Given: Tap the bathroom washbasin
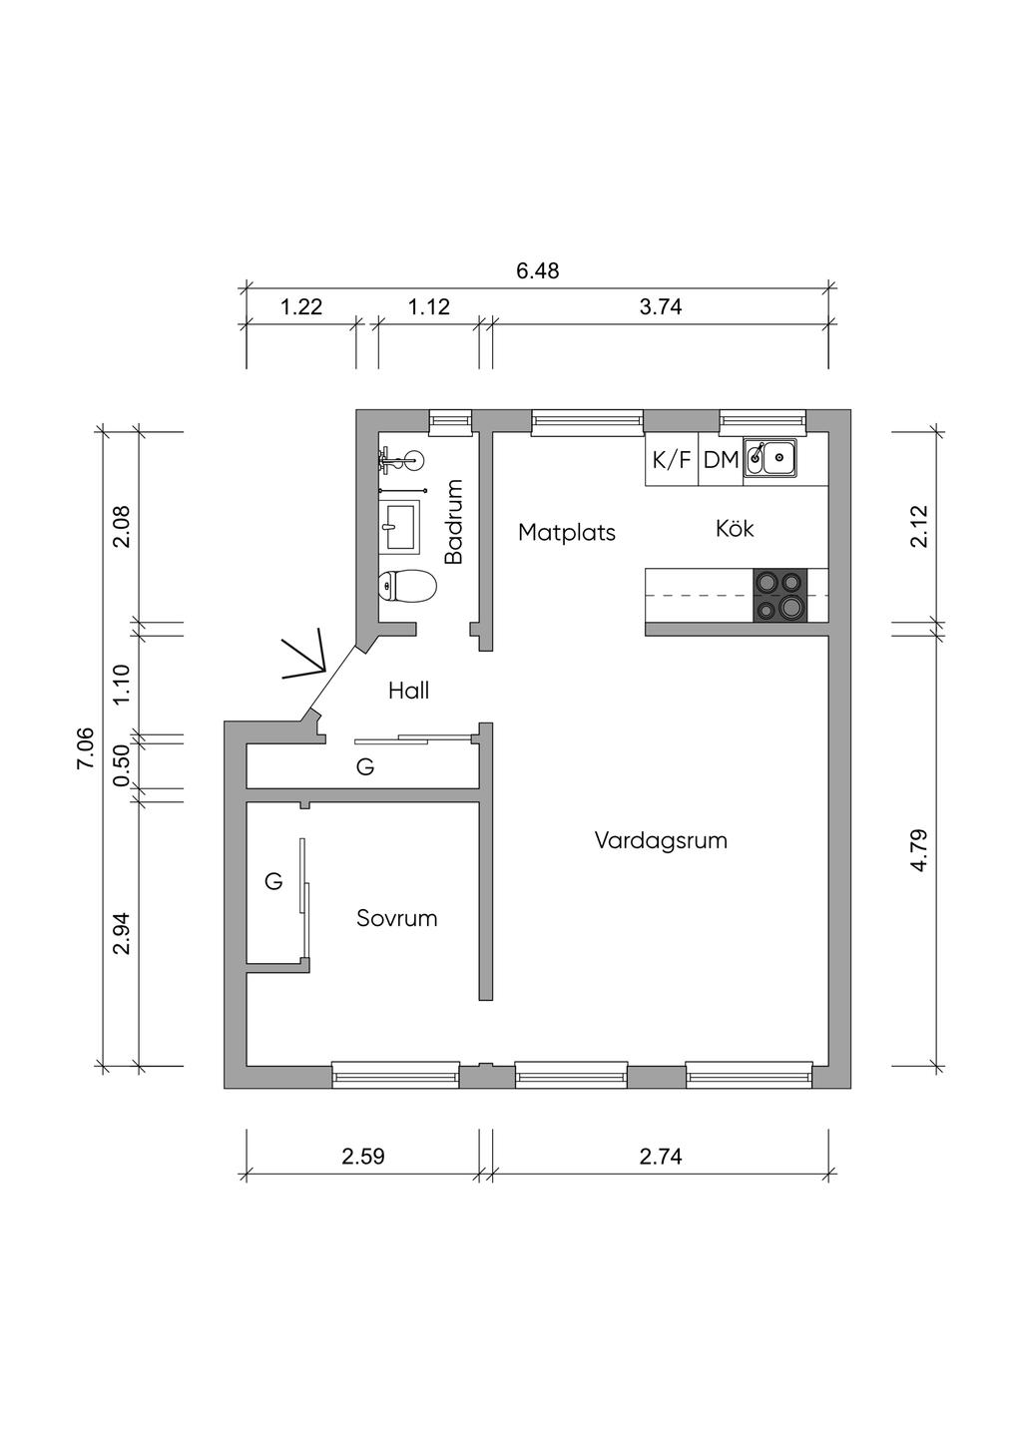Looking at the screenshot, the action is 399,526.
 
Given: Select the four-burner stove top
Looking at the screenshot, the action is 780,596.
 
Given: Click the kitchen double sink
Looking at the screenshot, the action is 770,457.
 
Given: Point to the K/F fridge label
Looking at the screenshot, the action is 672,460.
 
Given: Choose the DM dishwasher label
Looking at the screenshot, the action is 722,460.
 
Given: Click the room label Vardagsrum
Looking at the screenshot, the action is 661,840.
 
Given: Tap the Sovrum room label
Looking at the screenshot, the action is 397,918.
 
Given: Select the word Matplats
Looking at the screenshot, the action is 567,532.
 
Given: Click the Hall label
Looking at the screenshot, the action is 408,691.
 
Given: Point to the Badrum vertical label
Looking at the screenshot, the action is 455,521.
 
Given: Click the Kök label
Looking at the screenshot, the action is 735,528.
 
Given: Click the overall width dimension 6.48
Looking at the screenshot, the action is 538,270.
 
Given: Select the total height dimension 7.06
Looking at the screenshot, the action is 85,747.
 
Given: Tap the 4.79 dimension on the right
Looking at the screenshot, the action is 919,849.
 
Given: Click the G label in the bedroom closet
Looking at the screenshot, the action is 273,880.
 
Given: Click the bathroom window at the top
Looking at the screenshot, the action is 450,420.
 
